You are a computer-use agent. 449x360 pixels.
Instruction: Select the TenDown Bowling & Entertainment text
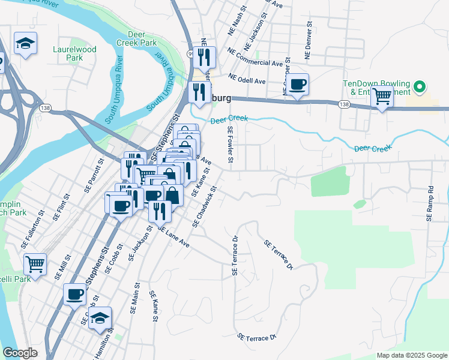pyautogui.click(x=376, y=87)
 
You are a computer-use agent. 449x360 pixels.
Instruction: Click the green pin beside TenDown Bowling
pyautogui.click(x=420, y=88)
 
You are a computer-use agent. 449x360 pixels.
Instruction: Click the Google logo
pyautogui.click(x=20, y=353)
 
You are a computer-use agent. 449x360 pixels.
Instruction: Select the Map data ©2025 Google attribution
pyautogui.click(x=411, y=355)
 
